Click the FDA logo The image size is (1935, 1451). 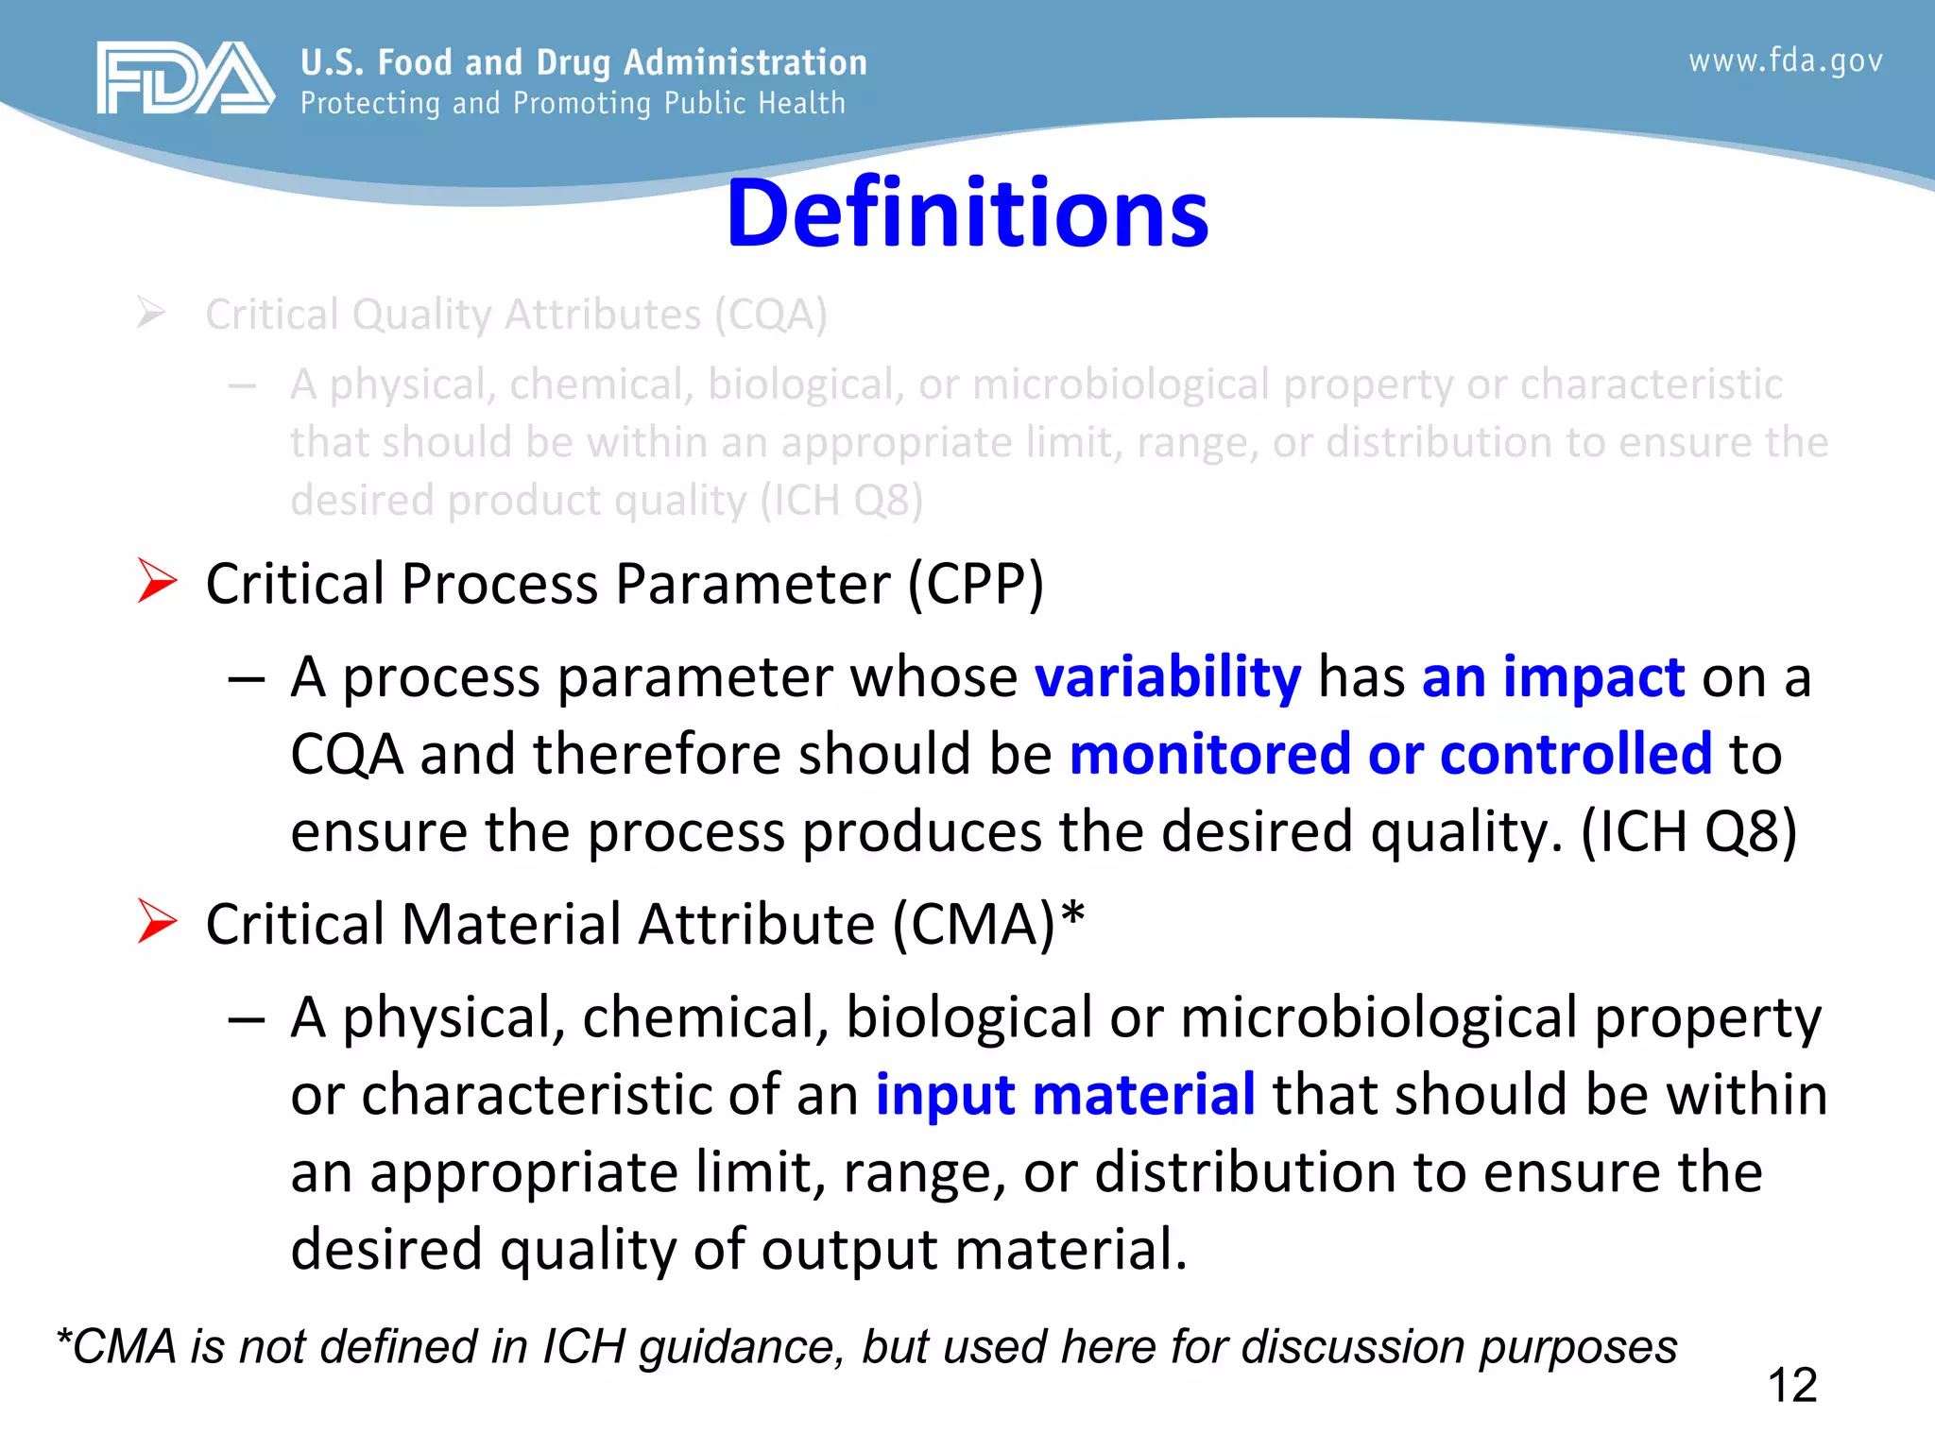(185, 78)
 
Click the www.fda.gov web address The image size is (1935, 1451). (1785, 61)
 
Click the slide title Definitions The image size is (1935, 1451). (967, 214)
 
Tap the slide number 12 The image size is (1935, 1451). (1791, 1386)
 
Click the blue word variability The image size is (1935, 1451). (1168, 677)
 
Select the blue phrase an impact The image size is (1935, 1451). (1553, 677)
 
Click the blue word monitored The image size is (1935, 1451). (1210, 754)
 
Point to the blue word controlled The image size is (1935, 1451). (1575, 754)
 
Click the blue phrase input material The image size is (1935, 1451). (1065, 1095)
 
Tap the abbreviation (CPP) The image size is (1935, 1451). (976, 584)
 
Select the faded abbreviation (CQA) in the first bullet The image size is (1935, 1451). (770, 315)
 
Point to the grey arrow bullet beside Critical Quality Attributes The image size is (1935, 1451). (151, 312)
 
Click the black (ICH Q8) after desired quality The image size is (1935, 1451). (1688, 832)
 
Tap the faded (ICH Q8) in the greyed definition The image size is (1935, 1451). (842, 501)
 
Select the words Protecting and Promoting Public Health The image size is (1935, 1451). (573, 103)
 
